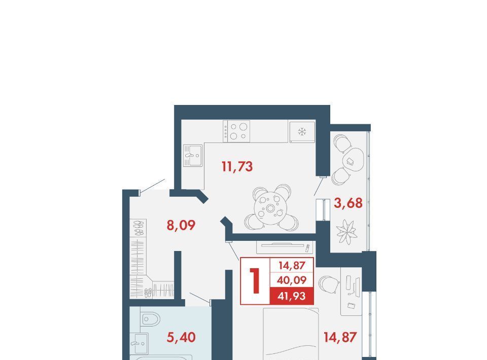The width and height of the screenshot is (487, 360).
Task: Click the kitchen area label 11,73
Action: click(x=237, y=167)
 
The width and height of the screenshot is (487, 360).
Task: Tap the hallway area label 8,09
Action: click(x=181, y=225)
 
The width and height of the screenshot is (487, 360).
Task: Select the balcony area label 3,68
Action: click(x=348, y=203)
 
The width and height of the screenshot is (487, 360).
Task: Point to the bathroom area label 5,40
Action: click(x=181, y=337)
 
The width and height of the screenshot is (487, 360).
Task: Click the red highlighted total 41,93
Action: click(x=292, y=296)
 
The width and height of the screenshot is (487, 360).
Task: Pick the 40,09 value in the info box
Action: click(x=292, y=280)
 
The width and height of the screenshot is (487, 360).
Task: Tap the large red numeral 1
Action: click(x=255, y=281)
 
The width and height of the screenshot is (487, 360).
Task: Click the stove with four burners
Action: click(x=236, y=131)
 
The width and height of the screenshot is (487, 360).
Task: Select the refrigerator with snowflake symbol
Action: click(x=302, y=132)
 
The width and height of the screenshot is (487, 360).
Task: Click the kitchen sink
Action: click(x=193, y=155)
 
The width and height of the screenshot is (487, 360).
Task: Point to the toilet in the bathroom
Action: click(x=150, y=318)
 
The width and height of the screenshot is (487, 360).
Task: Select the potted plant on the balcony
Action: click(x=346, y=232)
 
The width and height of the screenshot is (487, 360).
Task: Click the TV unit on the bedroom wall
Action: click(x=284, y=247)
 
